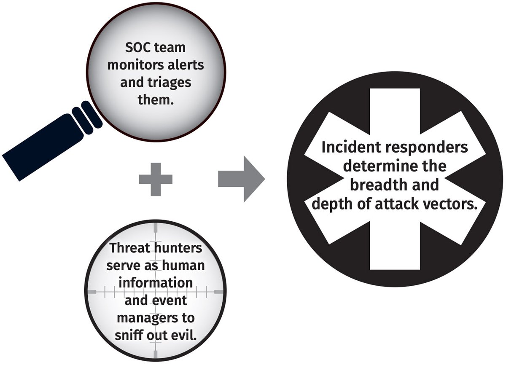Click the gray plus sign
pos(156,179)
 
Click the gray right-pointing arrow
pos(241,179)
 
